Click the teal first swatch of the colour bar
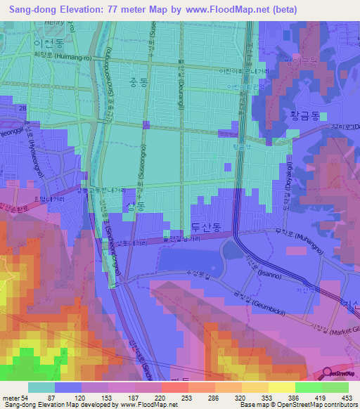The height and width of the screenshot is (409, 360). coord(41,387)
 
